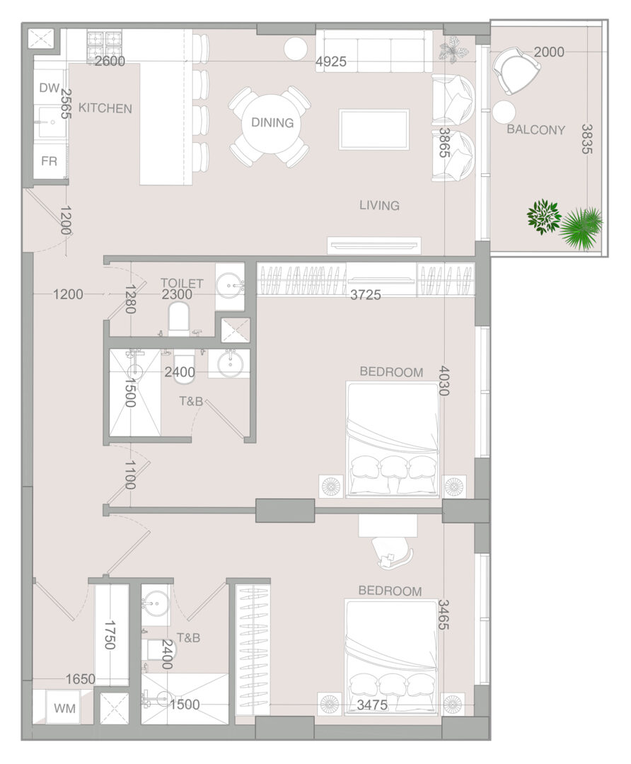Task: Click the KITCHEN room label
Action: [105, 108]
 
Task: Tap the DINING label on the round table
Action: [272, 122]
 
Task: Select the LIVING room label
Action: [380, 205]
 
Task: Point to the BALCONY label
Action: [536, 129]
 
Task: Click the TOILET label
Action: [182, 282]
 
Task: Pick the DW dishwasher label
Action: [50, 88]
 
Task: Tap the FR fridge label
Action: [50, 161]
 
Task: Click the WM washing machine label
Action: [65, 708]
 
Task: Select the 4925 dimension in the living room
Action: [331, 62]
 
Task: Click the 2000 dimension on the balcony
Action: [549, 52]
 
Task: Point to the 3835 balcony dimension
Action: [587, 139]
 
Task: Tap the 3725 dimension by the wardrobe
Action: [366, 294]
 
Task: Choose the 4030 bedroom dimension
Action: [444, 381]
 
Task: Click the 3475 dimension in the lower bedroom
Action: [372, 705]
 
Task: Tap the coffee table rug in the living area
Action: [374, 129]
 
